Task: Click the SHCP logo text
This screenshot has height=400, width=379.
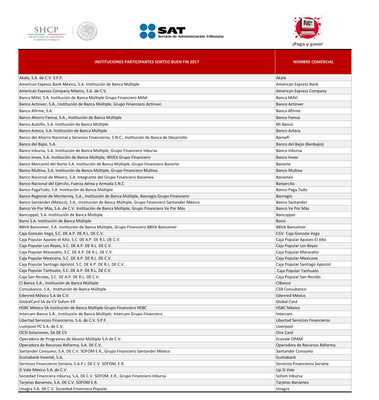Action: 46,30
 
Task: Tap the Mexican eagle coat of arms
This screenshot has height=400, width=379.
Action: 87,31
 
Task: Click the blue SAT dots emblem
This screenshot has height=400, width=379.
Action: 147,31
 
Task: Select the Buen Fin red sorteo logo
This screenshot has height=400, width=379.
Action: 307,28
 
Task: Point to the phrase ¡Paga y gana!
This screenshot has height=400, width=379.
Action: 307,44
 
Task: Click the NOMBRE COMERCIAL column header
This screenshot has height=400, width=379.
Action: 313,62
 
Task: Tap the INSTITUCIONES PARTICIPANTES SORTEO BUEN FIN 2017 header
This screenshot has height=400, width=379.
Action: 147,62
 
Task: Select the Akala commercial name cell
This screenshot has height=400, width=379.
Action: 281,78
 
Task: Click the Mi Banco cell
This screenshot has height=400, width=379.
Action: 284,124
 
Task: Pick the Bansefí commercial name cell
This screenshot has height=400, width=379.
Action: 283,138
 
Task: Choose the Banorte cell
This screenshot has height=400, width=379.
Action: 283,164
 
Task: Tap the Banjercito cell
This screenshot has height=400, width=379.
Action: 285,184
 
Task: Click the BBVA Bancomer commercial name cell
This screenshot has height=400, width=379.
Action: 291,227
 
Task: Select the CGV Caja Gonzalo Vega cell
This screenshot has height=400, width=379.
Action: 298,234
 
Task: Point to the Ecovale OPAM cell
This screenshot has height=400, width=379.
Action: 289,339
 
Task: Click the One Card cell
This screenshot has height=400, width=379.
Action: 284,333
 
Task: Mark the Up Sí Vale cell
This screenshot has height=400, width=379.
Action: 285,370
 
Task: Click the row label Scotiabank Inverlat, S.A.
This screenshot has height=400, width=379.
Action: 41,357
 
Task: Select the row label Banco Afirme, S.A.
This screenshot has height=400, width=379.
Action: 36,111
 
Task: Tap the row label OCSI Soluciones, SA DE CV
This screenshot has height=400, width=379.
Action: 43,333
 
